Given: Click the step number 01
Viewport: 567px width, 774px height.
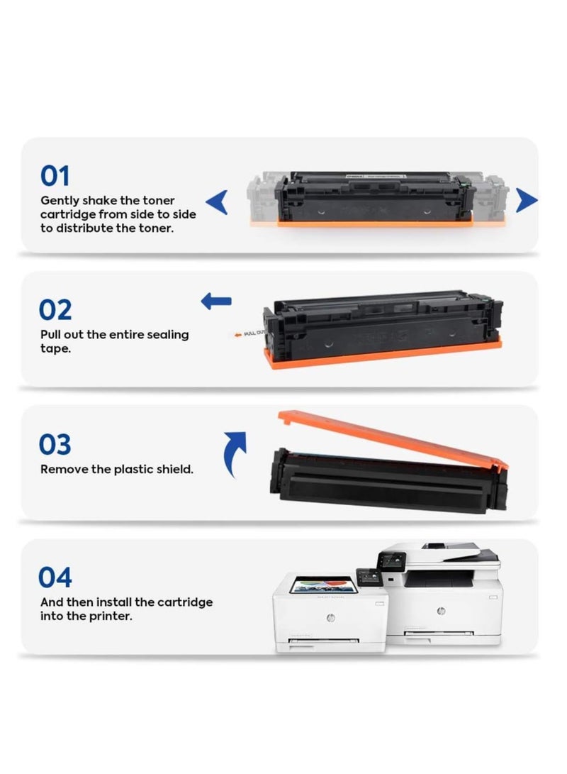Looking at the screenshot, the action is (55, 176).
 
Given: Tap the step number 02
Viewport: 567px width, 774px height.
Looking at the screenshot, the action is (55, 310).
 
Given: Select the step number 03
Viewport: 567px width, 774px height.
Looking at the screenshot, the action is (55, 444).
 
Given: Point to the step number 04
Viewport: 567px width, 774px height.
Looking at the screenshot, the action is (55, 577).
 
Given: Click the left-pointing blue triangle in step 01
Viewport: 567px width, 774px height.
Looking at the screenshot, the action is (218, 202).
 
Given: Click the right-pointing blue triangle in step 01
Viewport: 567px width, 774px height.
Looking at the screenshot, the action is (526, 200).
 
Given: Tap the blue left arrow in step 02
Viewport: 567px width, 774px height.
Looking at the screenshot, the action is (216, 301).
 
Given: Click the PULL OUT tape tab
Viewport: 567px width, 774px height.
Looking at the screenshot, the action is (250, 333).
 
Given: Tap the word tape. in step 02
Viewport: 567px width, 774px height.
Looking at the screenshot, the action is (55, 348).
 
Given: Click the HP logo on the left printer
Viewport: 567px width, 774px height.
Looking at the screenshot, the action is (330, 618).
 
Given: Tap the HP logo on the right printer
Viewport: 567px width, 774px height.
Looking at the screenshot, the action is (442, 611).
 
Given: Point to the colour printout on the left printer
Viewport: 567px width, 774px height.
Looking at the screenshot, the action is (323, 585).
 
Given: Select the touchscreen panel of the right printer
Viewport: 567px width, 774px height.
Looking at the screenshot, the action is (391, 562).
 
